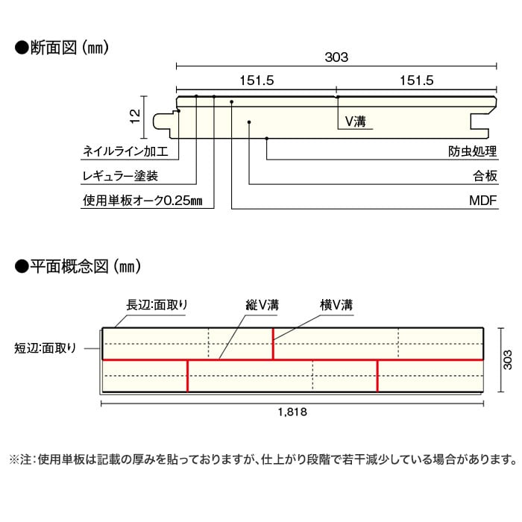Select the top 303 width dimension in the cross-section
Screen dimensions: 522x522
(336, 57)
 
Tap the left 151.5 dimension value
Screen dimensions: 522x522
(257, 81)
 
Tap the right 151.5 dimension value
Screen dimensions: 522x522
(416, 81)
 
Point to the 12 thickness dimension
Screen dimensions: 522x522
(135, 116)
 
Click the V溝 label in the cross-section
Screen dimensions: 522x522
(355, 121)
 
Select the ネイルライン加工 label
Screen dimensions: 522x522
(125, 151)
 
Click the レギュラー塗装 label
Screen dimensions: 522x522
(120, 176)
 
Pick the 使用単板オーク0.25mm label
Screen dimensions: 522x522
(142, 201)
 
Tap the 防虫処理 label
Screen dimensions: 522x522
(472, 151)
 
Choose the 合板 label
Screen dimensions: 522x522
(485, 176)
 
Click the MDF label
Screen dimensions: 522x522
(482, 201)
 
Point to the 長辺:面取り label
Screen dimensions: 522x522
(157, 304)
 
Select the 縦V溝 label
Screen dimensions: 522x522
(262, 304)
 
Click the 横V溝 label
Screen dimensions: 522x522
(336, 304)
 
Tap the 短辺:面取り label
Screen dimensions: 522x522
(45, 348)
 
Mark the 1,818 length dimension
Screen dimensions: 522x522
(292, 412)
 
